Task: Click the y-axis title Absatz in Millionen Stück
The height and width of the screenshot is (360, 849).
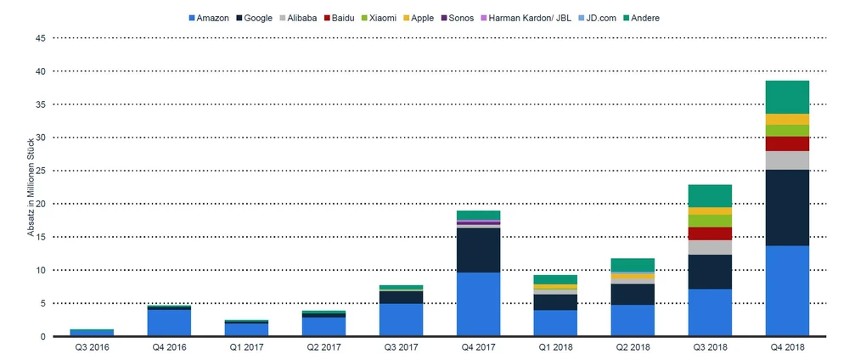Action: point(31,187)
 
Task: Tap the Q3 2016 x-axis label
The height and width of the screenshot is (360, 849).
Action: point(91,347)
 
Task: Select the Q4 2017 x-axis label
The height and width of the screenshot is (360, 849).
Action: point(478,347)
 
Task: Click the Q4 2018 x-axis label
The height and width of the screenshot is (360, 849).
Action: point(787,347)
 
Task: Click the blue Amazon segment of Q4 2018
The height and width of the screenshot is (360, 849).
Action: point(787,291)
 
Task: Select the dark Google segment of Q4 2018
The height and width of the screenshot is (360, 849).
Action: point(787,207)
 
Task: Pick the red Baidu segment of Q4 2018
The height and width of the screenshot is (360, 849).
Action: point(787,143)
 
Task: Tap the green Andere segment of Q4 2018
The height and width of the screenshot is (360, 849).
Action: point(787,97)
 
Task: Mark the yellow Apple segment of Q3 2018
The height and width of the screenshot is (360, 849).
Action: point(710,211)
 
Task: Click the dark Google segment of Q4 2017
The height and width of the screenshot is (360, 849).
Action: point(478,250)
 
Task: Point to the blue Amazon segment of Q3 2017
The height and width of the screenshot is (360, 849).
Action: point(401,319)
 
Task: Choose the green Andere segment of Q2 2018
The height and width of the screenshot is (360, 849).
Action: point(633,265)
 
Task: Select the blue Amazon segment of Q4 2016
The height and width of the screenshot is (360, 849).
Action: point(168,323)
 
